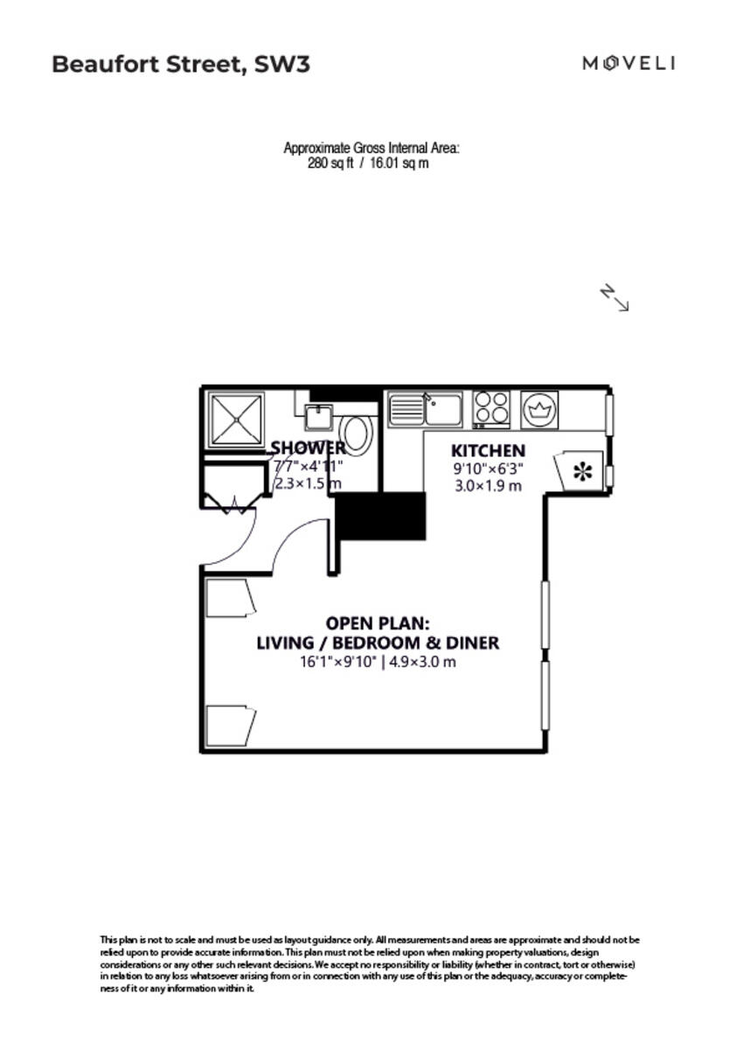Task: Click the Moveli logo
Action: tap(629, 63)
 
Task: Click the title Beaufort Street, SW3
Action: tap(181, 64)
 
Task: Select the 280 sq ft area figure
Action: tap(330, 163)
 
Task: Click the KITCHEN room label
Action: tap(488, 451)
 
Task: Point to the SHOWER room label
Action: tap(308, 448)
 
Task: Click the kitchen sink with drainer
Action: tap(425, 409)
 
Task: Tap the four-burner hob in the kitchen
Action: tap(491, 408)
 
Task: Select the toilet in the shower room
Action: tap(356, 433)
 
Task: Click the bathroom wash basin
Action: tap(316, 414)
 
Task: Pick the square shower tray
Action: tap(235, 420)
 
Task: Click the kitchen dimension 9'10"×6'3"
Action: tap(488, 469)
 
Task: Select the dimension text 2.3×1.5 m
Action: tap(308, 483)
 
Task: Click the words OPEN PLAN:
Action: tap(378, 623)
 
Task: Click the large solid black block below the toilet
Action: tap(381, 516)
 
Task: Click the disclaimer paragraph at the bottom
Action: tap(369, 963)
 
